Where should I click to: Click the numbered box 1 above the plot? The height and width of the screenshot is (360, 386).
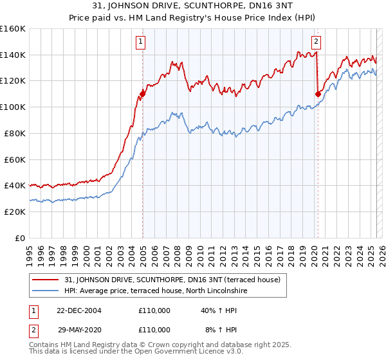(x=140, y=42)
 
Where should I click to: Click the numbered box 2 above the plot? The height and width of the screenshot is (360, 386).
(x=317, y=42)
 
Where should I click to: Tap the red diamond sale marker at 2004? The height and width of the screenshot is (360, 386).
(x=142, y=94)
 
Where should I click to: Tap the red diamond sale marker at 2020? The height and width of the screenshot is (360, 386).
(x=318, y=94)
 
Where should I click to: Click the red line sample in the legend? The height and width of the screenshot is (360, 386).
(x=46, y=280)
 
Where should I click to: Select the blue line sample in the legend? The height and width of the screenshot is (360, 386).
(x=46, y=291)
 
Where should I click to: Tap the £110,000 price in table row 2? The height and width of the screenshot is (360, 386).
(x=154, y=329)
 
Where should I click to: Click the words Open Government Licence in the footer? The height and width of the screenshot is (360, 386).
(x=173, y=353)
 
